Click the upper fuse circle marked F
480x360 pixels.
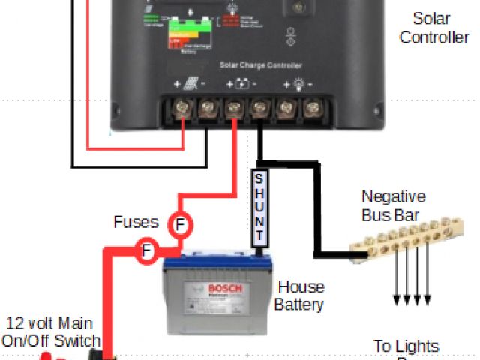179,223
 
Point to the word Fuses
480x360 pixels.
136,222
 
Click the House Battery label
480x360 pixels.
300,295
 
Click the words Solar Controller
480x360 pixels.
434,27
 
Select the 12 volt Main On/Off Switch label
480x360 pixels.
48,331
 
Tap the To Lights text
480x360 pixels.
406,346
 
